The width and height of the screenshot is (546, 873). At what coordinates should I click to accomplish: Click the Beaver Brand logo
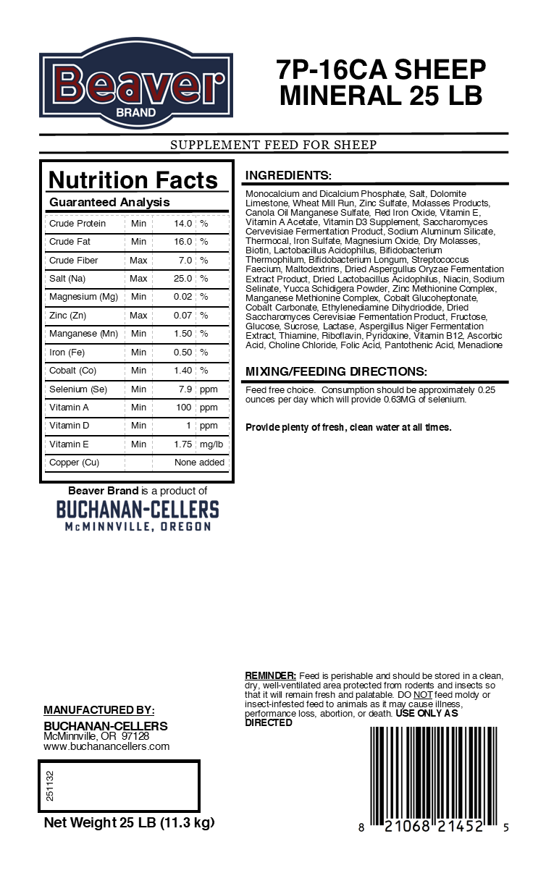tap(136, 83)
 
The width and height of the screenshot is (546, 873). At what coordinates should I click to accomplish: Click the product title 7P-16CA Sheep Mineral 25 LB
tap(381, 83)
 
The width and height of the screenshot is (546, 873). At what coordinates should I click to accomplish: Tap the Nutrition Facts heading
tap(133, 180)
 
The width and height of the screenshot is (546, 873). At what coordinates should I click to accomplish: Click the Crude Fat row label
tap(70, 242)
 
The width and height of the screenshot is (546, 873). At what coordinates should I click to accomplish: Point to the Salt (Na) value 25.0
tap(182, 279)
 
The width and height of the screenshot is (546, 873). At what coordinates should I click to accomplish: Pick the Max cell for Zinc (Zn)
tap(138, 316)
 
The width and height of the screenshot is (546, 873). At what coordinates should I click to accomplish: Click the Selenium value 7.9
tap(185, 389)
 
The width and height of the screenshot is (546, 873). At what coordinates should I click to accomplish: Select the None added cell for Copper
tap(199, 463)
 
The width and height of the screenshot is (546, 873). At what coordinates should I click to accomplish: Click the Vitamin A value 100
tap(184, 408)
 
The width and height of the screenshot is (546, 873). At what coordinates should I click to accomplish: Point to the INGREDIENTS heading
tap(288, 176)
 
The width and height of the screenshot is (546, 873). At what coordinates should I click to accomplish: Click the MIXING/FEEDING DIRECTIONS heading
tap(335, 372)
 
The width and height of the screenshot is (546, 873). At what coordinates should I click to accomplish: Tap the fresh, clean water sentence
tap(348, 427)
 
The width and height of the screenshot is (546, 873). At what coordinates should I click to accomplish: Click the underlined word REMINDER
tap(270, 675)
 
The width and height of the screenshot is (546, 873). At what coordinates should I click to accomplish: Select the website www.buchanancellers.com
tap(106, 746)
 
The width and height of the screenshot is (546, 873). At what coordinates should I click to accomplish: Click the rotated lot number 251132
tap(50, 785)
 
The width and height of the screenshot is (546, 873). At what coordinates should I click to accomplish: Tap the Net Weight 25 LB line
tap(129, 823)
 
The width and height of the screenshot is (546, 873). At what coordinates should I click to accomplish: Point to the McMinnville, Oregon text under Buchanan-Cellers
tap(138, 527)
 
